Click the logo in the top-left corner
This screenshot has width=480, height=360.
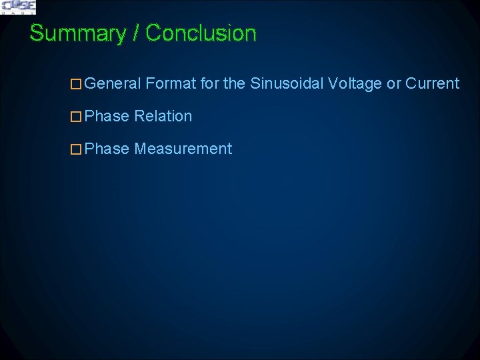[x=18, y=7]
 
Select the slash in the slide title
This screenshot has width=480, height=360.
[x=137, y=33]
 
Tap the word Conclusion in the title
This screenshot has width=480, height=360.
[x=201, y=33]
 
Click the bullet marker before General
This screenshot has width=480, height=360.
[x=76, y=84]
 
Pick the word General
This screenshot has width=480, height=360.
[x=113, y=84]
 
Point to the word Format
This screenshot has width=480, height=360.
[x=170, y=84]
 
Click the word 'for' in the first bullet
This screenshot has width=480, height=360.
[x=209, y=84]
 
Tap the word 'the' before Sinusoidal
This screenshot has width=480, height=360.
[x=234, y=84]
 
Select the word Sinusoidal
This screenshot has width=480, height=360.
[x=287, y=84]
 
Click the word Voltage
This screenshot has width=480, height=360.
[x=355, y=84]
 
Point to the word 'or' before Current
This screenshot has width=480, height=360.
[x=394, y=84]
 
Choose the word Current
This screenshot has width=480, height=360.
[x=432, y=84]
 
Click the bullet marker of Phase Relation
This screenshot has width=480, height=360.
[x=76, y=117]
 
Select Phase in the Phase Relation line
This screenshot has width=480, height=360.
[x=107, y=117]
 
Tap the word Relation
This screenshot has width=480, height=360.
[x=163, y=117]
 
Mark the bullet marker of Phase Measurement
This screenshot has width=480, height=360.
[x=76, y=149]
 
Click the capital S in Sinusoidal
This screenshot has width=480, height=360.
[x=255, y=84]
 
